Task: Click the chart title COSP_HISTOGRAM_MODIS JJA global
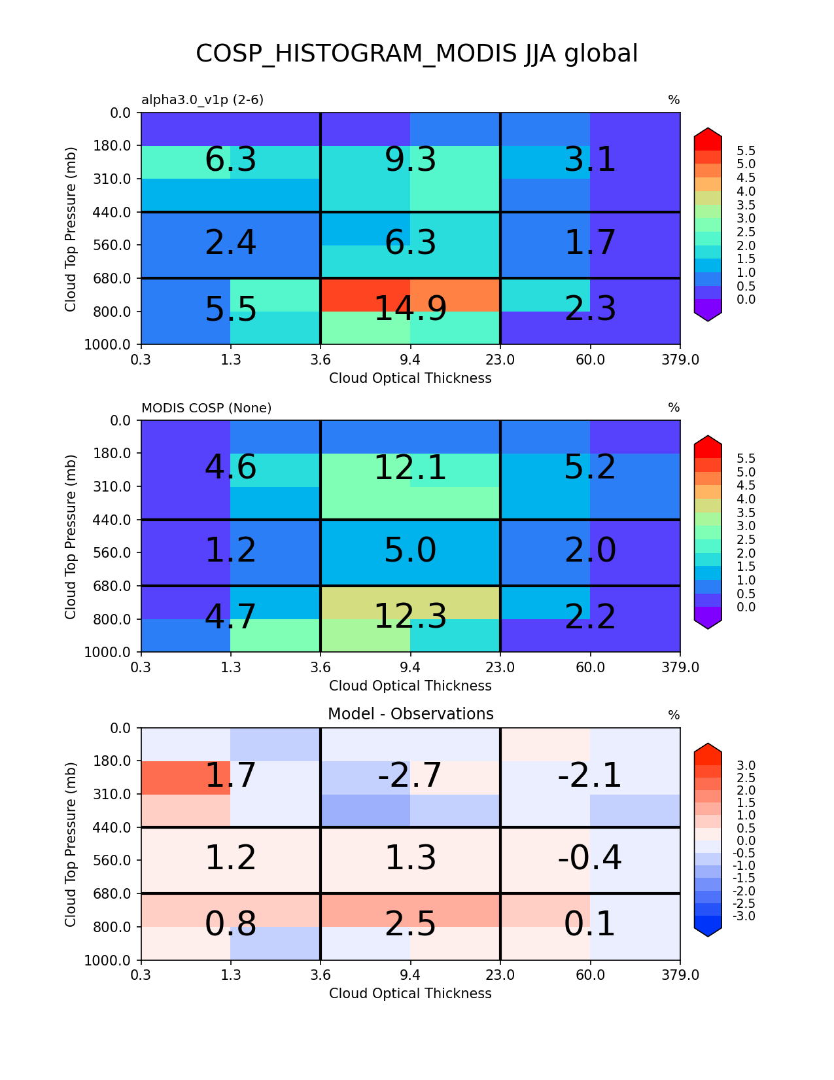417,54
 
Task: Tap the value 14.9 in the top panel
410,309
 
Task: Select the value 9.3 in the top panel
410,160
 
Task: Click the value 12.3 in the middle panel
410,617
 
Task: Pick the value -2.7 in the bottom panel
410,776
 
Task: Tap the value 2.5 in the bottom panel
410,924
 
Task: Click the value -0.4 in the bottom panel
589,858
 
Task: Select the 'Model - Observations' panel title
410,714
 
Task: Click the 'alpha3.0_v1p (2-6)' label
203,100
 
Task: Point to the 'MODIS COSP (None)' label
206,408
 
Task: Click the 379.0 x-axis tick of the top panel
680,359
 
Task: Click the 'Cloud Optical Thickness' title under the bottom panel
410,994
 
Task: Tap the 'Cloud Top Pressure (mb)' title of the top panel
71,229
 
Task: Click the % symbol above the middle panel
674,408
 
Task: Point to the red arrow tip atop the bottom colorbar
708,748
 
